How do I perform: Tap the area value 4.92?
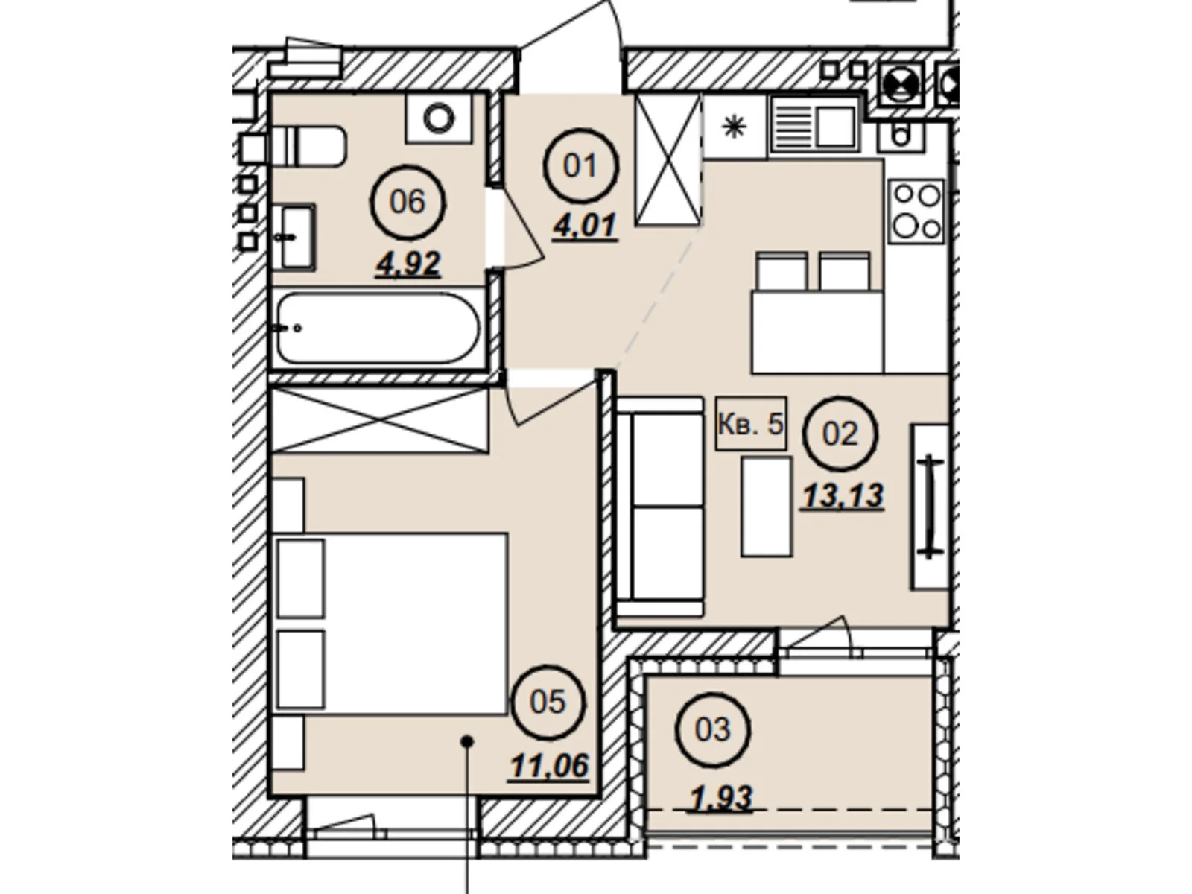(x=408, y=264)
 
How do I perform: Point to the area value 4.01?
(x=586, y=225)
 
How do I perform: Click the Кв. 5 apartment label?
(x=751, y=423)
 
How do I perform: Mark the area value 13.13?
(x=843, y=495)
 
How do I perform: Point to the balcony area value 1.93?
(x=720, y=798)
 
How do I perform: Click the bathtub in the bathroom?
(x=379, y=328)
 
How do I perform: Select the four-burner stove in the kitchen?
(x=916, y=212)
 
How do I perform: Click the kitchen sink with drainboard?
(x=814, y=127)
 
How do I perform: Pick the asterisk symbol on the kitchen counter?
(x=735, y=128)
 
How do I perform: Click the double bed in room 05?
(x=391, y=623)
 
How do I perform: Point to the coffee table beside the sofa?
(x=767, y=507)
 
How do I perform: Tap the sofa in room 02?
(x=660, y=507)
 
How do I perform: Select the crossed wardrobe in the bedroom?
(x=380, y=420)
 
